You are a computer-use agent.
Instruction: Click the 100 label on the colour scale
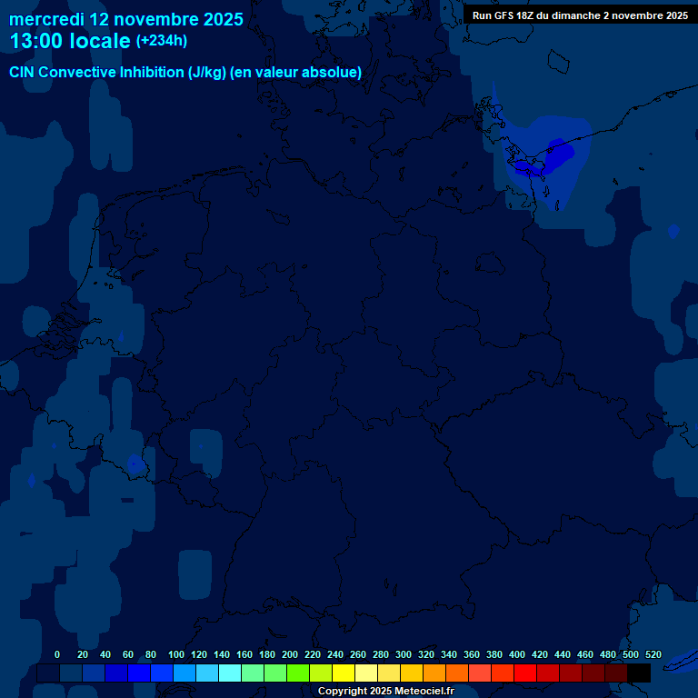[x=176, y=654]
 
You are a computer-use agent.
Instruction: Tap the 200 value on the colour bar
[x=290, y=654]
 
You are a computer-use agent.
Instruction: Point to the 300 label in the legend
[x=404, y=654]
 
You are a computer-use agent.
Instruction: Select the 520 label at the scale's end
[x=653, y=654]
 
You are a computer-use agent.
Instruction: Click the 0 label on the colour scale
[x=57, y=654]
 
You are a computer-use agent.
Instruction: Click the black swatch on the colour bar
[x=639, y=673]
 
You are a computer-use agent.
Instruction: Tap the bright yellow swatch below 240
[x=344, y=673]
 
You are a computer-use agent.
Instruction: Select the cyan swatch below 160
[x=253, y=673]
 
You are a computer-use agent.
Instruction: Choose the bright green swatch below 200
[x=298, y=673]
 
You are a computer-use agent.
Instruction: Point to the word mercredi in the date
[x=46, y=19]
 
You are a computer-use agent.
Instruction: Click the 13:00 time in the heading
[x=35, y=41]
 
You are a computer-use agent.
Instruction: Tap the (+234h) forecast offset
[x=162, y=41]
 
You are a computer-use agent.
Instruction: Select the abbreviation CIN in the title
[x=23, y=73]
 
